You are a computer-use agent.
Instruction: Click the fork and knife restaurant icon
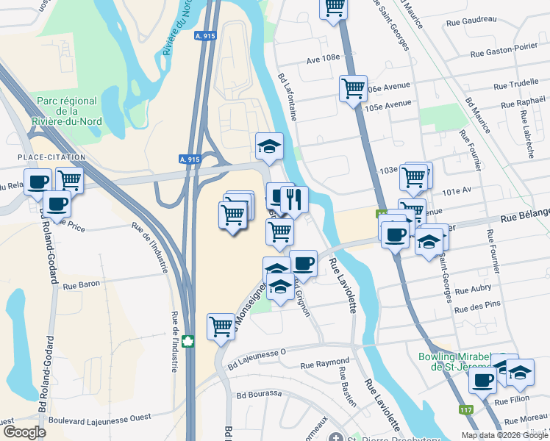click(x=294, y=198)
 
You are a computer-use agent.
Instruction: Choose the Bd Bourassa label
click(x=259, y=394)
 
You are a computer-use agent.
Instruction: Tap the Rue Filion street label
click(x=512, y=401)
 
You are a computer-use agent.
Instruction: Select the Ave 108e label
click(x=323, y=57)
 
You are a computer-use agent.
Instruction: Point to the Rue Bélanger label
click(x=525, y=218)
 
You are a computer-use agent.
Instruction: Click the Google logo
click(x=24, y=432)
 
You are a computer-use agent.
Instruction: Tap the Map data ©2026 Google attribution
click(x=504, y=435)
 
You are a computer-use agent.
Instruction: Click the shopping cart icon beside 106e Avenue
click(x=353, y=89)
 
